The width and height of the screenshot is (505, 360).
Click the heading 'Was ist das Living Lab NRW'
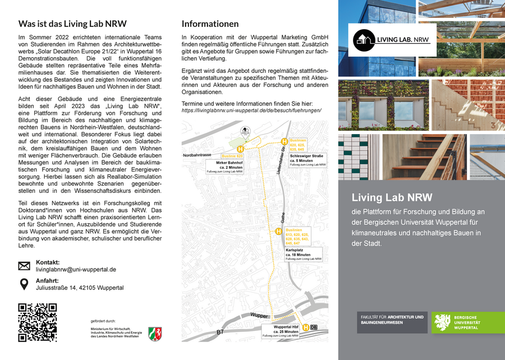coord(72,24)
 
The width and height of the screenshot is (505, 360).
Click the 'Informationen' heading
coord(210,24)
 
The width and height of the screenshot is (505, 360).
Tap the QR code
coord(38,322)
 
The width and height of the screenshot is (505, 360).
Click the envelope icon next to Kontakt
coord(24,266)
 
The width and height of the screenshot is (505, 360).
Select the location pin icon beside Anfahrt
coord(24,284)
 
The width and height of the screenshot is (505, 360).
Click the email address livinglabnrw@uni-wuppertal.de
coord(76,270)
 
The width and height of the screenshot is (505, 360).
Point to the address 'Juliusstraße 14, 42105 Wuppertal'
coord(80,288)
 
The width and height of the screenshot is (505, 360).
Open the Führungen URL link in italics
coord(251,110)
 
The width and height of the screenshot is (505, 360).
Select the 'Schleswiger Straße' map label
coord(306,156)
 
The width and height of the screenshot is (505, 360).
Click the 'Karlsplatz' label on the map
coord(295,250)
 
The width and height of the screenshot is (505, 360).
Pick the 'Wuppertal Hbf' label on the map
coord(286,326)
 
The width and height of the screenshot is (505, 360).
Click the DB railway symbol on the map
coord(314,327)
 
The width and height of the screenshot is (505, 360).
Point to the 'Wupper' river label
coord(260,316)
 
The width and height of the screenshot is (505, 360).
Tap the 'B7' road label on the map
coord(221,333)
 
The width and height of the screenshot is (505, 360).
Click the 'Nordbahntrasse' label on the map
coord(197,155)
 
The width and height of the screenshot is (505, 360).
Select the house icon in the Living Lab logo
coord(364,39)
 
